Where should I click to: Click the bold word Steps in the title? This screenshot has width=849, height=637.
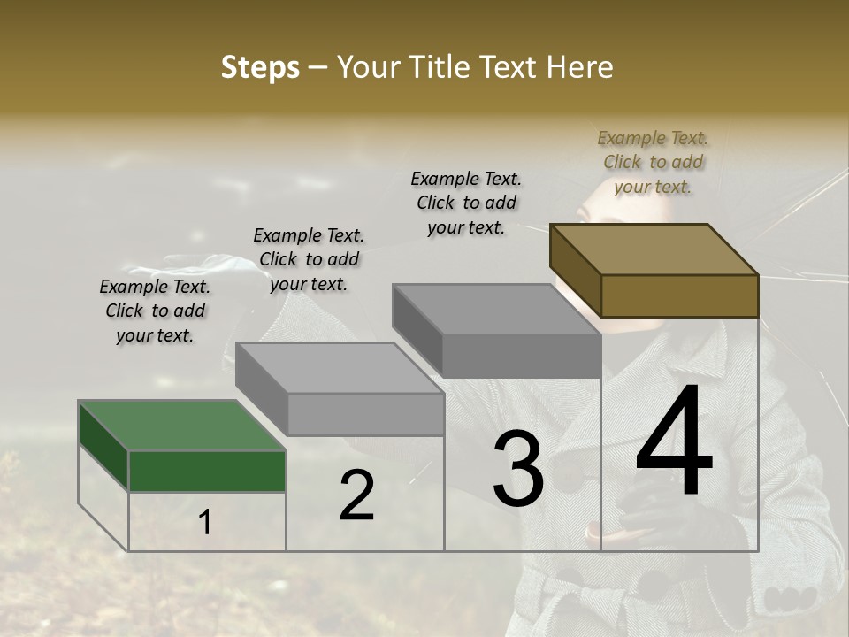pos(260,67)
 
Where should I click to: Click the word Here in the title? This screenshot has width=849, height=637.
pos(578,67)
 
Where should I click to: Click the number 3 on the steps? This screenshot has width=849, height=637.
pos(517,470)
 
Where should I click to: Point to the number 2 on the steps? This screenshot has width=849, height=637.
pos(356,496)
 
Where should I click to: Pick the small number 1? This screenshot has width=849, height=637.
pos(205,523)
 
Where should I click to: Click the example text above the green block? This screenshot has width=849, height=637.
pos(155,311)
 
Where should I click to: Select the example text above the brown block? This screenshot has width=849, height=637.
pos(653,162)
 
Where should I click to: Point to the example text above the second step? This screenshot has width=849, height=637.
pos(309,259)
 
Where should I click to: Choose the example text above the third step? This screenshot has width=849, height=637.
pos(466,203)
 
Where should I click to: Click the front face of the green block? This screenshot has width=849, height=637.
pos(208,471)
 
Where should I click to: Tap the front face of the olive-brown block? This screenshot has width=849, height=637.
pos(679,295)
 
